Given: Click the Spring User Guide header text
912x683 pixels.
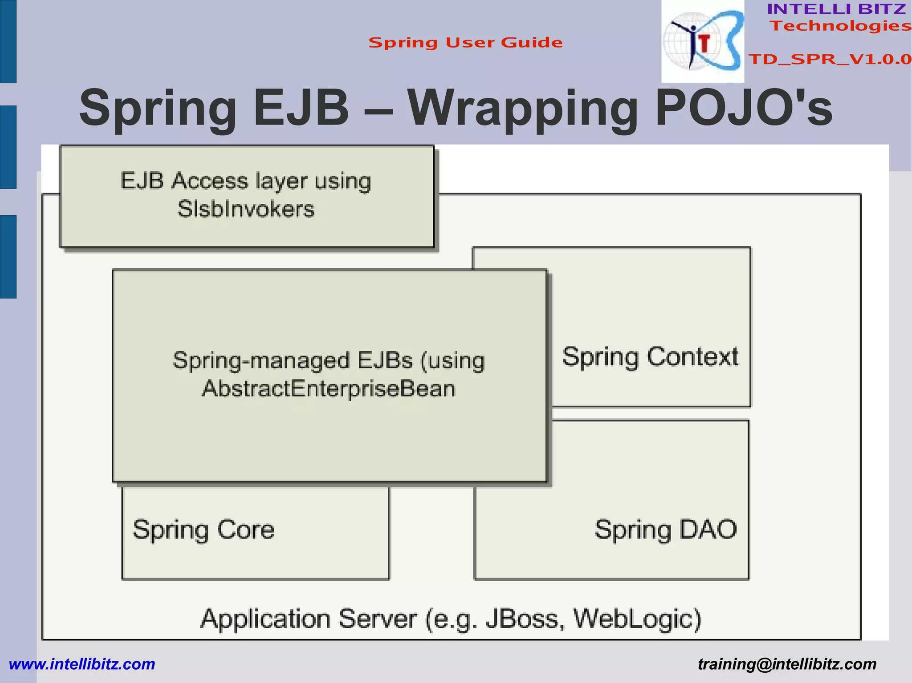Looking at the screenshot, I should (465, 43).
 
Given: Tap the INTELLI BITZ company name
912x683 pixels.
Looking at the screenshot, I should (836, 9).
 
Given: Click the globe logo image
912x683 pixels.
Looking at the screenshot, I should (702, 42).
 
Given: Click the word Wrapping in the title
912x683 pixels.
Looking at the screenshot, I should (523, 109).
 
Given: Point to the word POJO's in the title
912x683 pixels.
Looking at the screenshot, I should (743, 109).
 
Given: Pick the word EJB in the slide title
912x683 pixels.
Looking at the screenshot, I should (301, 108).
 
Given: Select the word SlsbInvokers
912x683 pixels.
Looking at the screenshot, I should (246, 209).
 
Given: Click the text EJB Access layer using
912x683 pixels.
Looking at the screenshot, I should (246, 182).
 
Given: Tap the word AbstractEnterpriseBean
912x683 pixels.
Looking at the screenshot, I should (329, 389).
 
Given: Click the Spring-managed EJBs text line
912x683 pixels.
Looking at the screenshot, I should (329, 360).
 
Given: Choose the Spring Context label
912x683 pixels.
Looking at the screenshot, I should (650, 357).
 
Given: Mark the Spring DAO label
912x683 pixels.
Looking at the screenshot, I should (666, 529).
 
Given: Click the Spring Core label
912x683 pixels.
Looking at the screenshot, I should (204, 529).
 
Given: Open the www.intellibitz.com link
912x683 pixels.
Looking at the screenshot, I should (82, 664).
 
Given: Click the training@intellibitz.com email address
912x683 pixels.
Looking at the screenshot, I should (787, 664).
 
